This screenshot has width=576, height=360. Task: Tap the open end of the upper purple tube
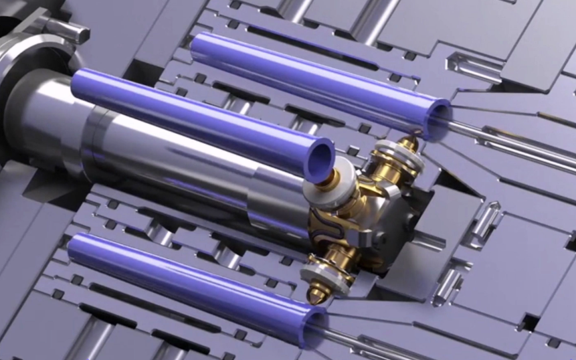[x=438, y=118]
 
